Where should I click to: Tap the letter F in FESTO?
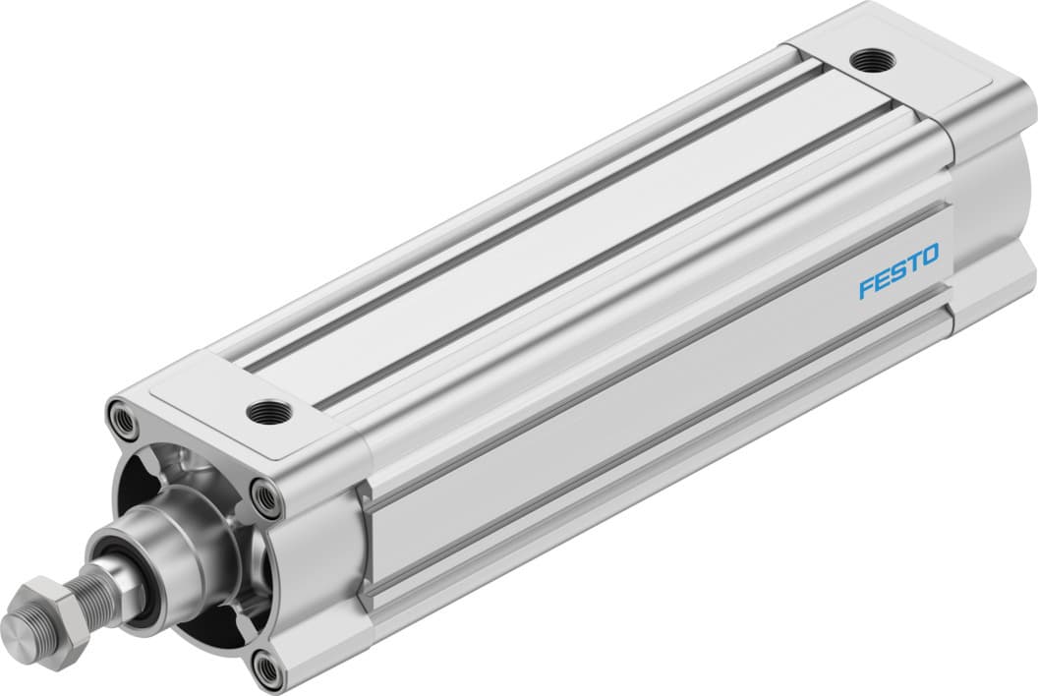[867, 288]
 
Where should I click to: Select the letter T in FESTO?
[913, 263]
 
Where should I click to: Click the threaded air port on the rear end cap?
[868, 58]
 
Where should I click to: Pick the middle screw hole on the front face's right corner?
[267, 497]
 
